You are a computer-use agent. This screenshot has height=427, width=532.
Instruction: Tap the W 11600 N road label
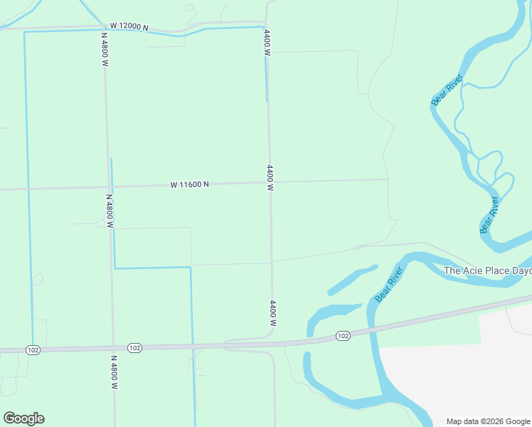189,184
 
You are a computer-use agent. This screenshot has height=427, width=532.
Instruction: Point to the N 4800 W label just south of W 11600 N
110,211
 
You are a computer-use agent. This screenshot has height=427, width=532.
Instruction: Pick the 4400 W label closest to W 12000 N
267,43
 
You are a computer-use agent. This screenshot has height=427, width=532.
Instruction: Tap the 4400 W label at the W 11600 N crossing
270,178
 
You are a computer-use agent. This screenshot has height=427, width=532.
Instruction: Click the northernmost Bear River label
447,90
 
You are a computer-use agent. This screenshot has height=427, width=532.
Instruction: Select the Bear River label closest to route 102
389,284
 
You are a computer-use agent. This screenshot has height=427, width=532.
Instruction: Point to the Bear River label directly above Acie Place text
489,215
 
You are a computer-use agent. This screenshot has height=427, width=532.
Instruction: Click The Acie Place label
488,270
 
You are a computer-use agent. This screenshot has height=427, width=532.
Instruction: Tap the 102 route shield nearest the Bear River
343,335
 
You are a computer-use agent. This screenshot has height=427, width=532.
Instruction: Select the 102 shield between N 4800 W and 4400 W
135,348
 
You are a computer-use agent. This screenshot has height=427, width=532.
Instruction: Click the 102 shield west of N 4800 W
32,349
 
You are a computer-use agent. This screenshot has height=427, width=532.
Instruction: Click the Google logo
23,418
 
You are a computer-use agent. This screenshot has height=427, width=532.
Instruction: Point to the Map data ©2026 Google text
489,421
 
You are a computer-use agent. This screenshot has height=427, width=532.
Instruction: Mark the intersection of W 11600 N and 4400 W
270,182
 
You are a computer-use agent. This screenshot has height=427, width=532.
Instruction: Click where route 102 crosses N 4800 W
113,349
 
